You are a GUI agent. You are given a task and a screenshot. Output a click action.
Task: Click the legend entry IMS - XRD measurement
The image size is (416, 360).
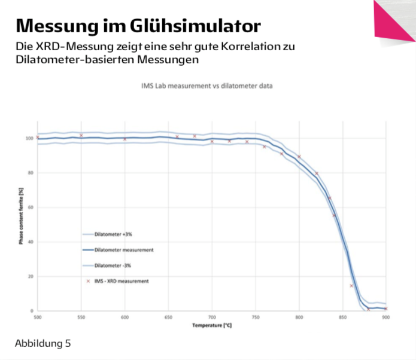point(122,280)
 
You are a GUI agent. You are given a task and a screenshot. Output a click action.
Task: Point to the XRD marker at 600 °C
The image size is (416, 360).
point(125,139)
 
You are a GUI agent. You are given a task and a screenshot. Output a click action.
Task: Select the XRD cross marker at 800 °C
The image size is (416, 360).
point(299,157)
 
